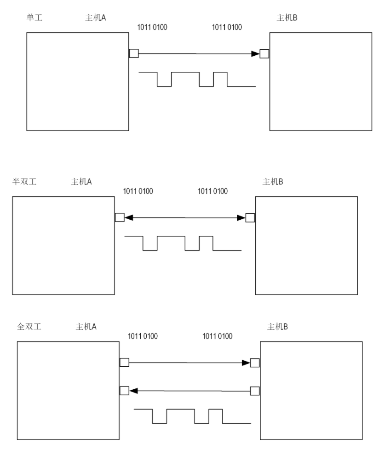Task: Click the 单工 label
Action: point(35,18)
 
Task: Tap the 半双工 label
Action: point(24,182)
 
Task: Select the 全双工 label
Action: point(29,327)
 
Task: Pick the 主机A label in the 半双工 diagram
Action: point(81,182)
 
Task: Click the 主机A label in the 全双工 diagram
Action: point(86,327)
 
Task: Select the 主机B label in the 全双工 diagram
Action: point(278,327)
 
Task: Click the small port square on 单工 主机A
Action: point(134,53)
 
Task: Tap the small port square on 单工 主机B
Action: point(264,54)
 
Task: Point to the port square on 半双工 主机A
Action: point(119,217)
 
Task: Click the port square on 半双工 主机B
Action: point(250,217)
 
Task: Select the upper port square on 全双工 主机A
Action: point(124,363)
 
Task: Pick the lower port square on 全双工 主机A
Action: point(124,391)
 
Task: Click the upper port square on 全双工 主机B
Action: point(255,363)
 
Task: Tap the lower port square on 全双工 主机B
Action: point(255,391)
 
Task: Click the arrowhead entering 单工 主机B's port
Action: point(256,54)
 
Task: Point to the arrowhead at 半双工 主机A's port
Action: point(129,217)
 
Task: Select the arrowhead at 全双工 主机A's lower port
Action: point(134,391)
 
